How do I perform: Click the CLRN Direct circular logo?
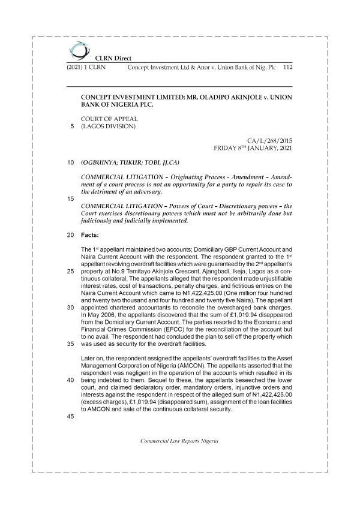pyautogui.click(x=77, y=51)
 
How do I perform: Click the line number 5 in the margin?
pyautogui.click(x=72, y=126)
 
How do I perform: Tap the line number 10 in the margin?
pyautogui.click(x=71, y=162)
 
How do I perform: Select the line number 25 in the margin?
pyautogui.click(x=71, y=271)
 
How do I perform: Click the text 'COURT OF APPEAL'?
pyautogui.click(x=109, y=118)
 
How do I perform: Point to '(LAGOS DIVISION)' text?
pyautogui.click(x=108, y=126)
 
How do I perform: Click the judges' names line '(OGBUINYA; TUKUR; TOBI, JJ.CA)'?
pyautogui.click(x=130, y=162)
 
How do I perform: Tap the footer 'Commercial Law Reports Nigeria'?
pyautogui.click(x=180, y=457)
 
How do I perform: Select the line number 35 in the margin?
pyautogui.click(x=71, y=344)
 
